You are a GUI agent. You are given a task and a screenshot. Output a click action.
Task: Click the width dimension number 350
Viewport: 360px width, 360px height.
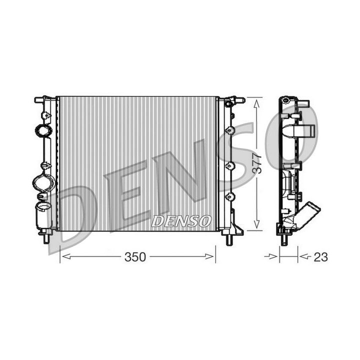(135, 257)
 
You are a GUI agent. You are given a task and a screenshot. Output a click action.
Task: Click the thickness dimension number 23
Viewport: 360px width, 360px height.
(320, 257)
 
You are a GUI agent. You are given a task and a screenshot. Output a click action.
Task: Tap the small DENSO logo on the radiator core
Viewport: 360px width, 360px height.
(181, 220)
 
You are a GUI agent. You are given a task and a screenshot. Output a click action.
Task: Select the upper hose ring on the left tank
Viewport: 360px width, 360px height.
(43, 130)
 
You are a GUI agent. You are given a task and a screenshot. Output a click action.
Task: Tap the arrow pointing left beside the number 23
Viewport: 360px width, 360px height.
(303, 257)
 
